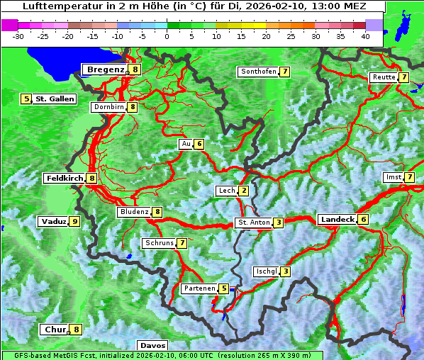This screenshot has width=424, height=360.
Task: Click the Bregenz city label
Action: (x=106, y=69)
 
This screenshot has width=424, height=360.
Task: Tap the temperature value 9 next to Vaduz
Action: (x=74, y=222)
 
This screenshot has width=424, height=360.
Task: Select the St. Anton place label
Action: (x=254, y=223)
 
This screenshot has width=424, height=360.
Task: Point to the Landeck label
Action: (x=337, y=220)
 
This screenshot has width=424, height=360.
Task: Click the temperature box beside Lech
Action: (x=244, y=191)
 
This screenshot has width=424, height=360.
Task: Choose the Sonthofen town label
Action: (x=258, y=72)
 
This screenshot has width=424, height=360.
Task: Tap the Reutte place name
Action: (x=384, y=77)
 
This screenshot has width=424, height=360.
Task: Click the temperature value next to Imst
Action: (x=410, y=176)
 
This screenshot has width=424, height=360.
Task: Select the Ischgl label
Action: (x=266, y=271)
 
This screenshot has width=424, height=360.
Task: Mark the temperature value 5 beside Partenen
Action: (x=224, y=288)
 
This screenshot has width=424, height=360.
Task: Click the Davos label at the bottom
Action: (x=152, y=346)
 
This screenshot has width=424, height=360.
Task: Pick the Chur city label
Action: (x=54, y=330)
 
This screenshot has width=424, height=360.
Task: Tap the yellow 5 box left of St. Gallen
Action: (x=26, y=99)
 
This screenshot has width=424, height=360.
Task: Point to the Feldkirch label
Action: (x=65, y=179)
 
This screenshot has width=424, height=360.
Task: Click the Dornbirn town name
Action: (x=109, y=107)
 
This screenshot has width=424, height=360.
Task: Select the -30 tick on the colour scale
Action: (x=18, y=35)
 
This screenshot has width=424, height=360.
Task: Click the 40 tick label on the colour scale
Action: (x=365, y=35)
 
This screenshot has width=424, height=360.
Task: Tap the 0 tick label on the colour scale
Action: (x=167, y=35)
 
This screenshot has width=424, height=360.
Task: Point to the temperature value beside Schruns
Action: (x=182, y=243)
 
